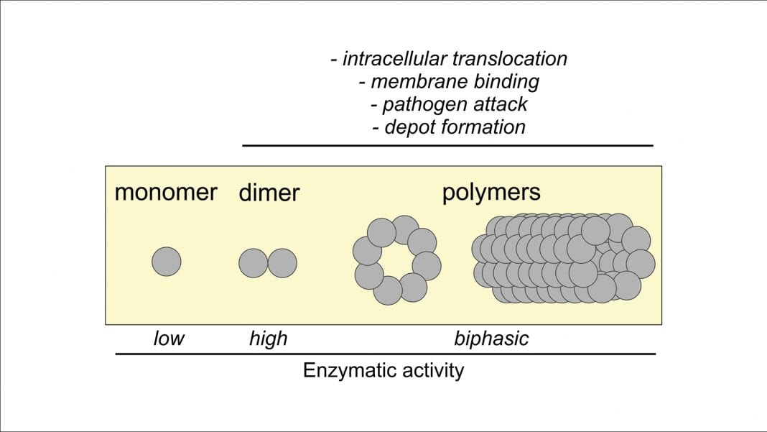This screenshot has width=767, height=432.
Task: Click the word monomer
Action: coord(165,193)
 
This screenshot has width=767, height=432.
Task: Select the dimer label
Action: coord(269,193)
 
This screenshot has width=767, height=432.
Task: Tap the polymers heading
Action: coord(491,193)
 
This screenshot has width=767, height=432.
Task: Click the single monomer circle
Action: coord(167,262)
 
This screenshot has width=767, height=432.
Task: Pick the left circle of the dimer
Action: coord(254,263)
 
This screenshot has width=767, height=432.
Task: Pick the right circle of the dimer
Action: coord(282,263)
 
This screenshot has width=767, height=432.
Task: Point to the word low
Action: coord(169,339)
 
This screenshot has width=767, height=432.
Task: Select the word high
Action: coord(268,339)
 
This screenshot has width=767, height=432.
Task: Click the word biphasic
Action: coord(491,339)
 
